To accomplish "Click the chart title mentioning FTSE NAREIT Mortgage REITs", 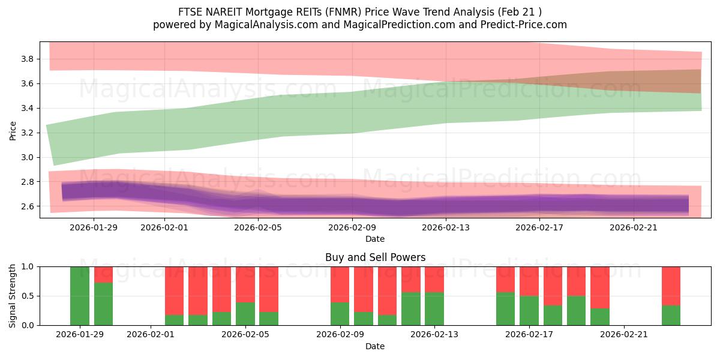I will [x=360, y=12].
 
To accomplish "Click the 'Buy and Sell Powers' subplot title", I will [x=375, y=257].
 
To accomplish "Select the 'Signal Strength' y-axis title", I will [x=13, y=296].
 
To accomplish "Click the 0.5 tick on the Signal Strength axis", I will [x=28, y=296].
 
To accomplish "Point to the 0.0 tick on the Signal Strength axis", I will [x=28, y=325].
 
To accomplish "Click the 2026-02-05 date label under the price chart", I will [x=257, y=227].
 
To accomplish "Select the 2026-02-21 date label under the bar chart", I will [x=625, y=335].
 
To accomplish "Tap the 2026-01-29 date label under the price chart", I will [x=94, y=227].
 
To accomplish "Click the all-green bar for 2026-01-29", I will [x=80, y=296].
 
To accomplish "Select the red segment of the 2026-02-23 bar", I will [x=671, y=286].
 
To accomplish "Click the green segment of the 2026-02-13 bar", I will [x=434, y=309].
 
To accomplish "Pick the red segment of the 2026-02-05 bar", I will [x=245, y=284].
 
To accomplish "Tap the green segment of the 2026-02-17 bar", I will [x=529, y=311].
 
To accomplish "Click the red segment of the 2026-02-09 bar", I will [x=340, y=284].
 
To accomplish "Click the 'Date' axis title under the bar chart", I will [x=375, y=346].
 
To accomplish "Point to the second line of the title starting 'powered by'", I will [x=360, y=25].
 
